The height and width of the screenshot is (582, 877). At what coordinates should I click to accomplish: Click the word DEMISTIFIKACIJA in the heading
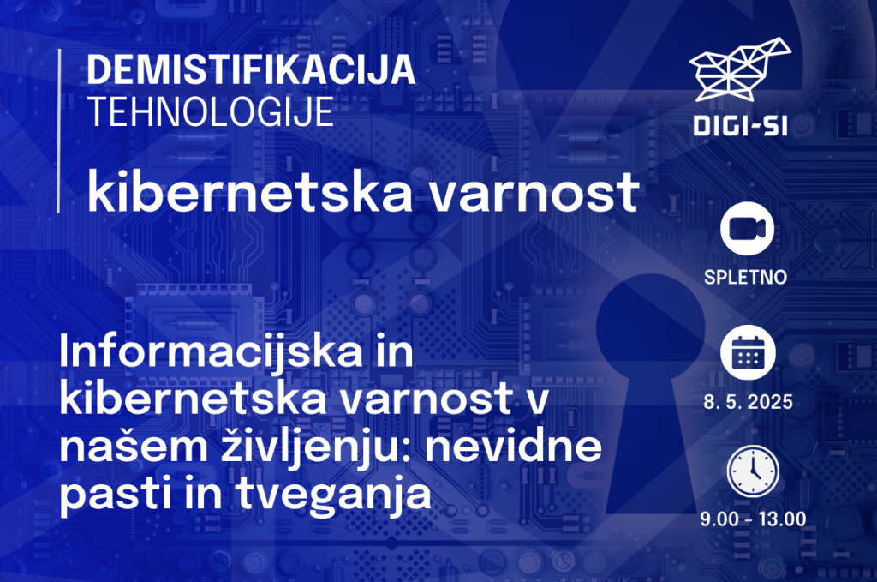pos(251,70)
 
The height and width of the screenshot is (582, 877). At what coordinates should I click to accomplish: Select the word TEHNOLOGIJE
pos(212,112)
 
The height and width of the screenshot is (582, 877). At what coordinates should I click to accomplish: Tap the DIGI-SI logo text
pos(741,126)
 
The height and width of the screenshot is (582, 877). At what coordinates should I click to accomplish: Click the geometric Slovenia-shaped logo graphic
pos(740,69)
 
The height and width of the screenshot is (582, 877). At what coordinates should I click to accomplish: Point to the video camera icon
pos(747,229)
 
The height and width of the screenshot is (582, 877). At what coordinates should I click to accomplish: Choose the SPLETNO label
pos(746,277)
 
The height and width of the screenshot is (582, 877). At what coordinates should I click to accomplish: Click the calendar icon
pos(748,352)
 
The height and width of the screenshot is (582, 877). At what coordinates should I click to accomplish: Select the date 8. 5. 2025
pos(748,402)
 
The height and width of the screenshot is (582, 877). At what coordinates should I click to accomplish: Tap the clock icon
pos(753,471)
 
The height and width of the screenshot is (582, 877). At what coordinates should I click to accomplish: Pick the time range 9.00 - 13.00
pos(753,519)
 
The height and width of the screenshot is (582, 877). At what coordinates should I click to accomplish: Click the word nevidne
pos(513,446)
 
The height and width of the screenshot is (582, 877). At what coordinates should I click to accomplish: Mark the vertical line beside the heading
pos(59,131)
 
